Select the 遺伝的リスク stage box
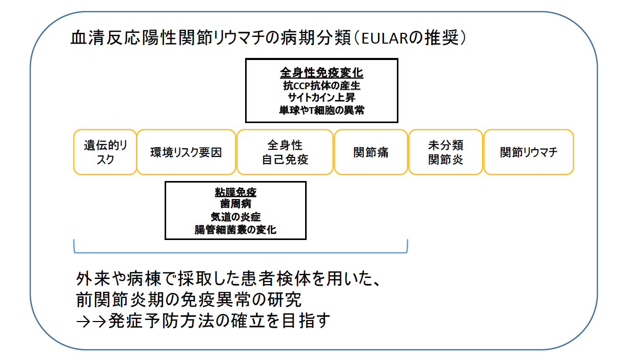point(105,152)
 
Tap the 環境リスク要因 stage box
point(186,152)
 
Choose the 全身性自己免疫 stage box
point(285,152)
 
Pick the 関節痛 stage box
point(371,152)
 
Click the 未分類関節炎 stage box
point(446,152)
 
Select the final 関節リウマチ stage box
point(529,152)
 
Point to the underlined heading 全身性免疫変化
point(322,73)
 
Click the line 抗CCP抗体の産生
point(322,86)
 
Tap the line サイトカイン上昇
point(322,97)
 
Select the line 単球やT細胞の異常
point(322,110)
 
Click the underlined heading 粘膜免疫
point(235,192)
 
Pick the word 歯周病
point(235,204)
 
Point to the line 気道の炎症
point(235,216)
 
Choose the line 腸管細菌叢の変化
point(235,230)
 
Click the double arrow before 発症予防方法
point(91,322)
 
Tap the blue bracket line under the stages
point(240,252)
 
